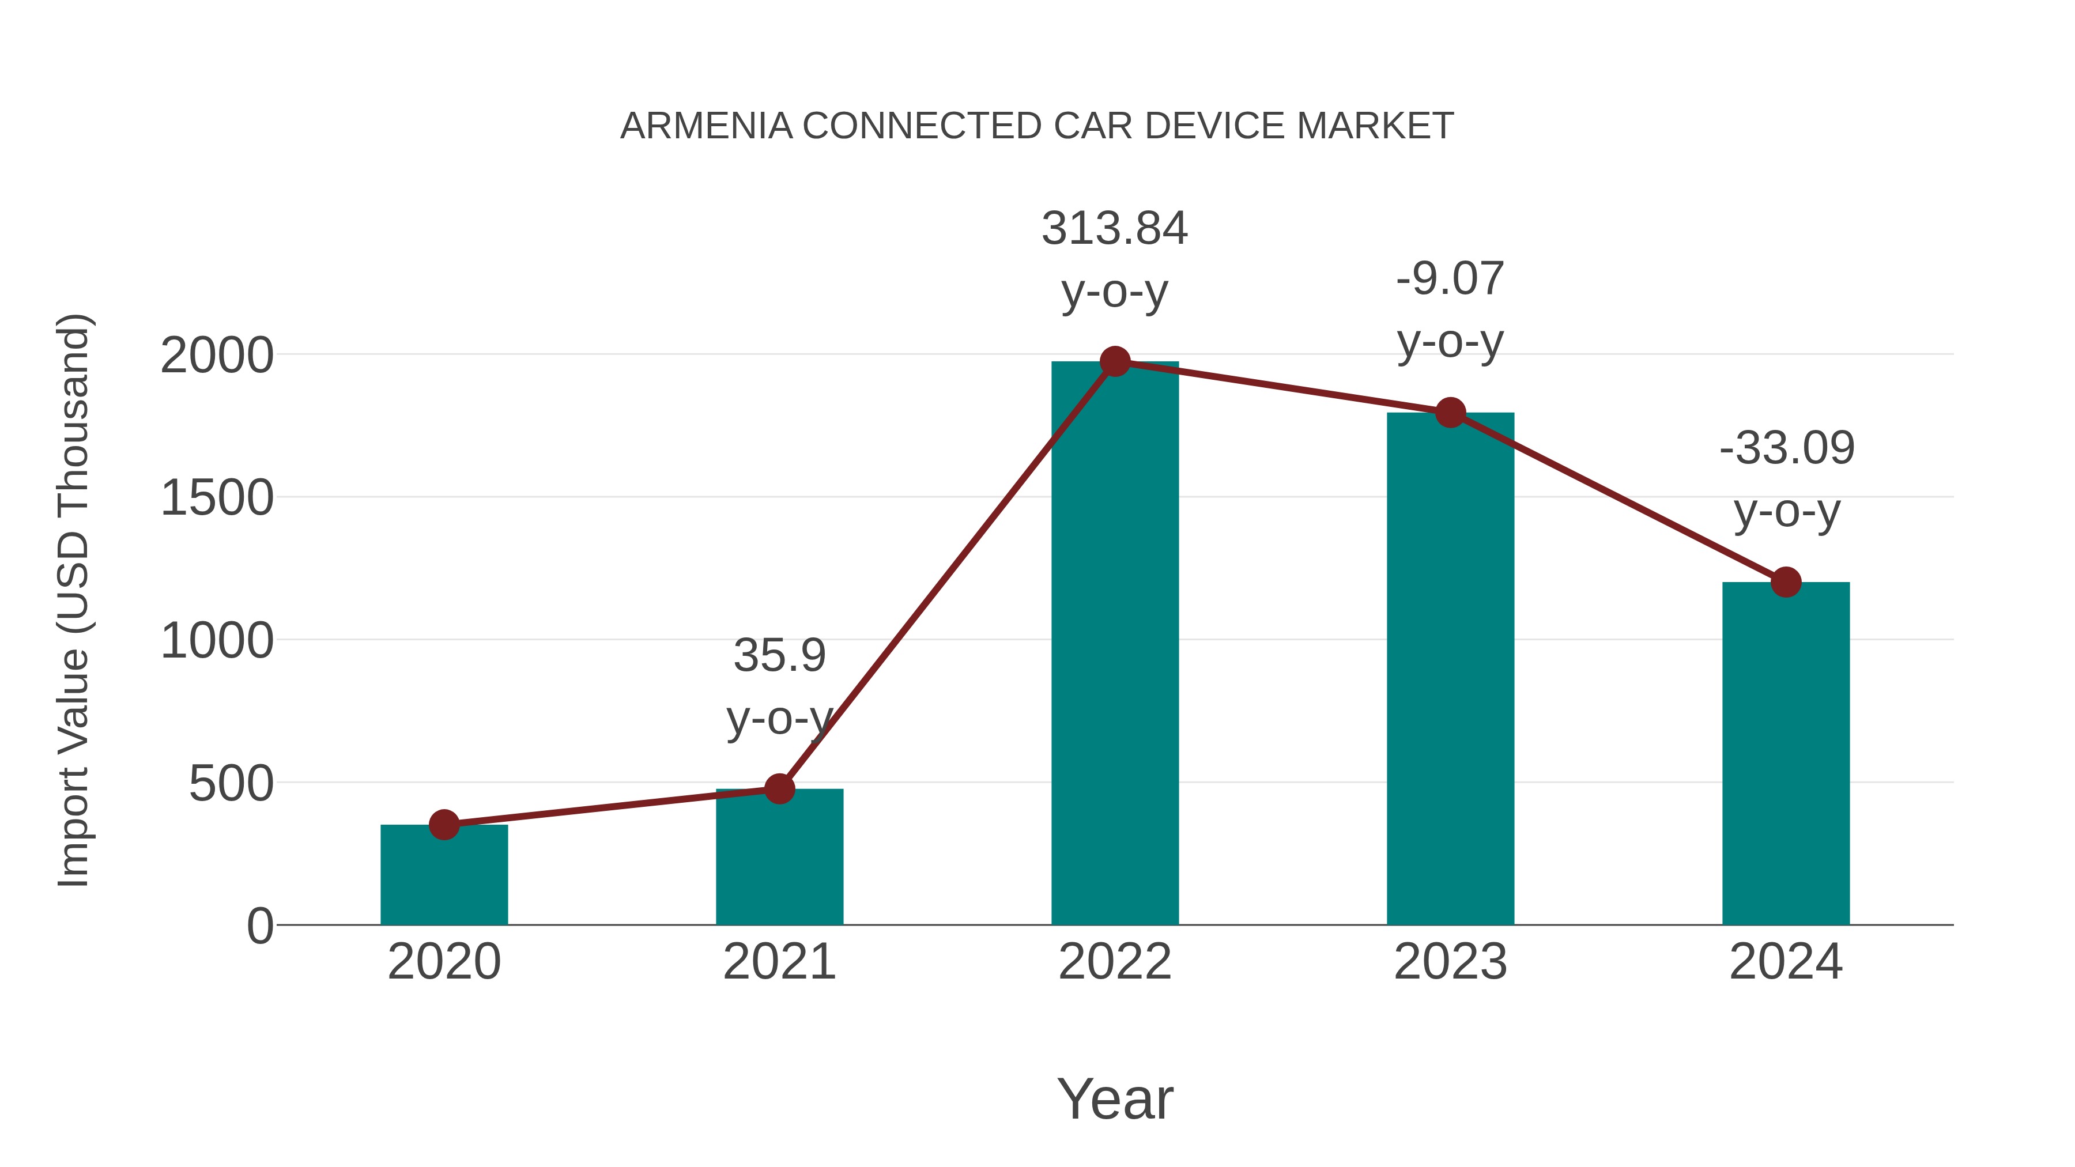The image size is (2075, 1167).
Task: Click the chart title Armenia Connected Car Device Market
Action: click(x=1037, y=126)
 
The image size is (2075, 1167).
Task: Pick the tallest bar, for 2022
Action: click(x=1115, y=644)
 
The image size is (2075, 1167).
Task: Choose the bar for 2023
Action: click(x=1450, y=669)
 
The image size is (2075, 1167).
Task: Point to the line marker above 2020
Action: click(x=444, y=825)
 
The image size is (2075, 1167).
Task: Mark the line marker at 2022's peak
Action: click(x=1115, y=361)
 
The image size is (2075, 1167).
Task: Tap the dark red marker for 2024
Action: click(x=1786, y=581)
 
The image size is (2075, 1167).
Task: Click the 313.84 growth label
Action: click(x=1115, y=229)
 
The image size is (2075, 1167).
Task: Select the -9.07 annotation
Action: click(x=1450, y=280)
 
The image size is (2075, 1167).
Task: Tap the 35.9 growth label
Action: click(x=779, y=656)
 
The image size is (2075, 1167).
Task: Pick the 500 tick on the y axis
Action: click(x=231, y=784)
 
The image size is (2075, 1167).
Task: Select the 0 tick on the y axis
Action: click(x=260, y=926)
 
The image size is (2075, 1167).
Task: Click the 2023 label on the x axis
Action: click(x=1450, y=962)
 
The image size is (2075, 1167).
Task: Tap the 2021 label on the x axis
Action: click(x=779, y=962)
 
